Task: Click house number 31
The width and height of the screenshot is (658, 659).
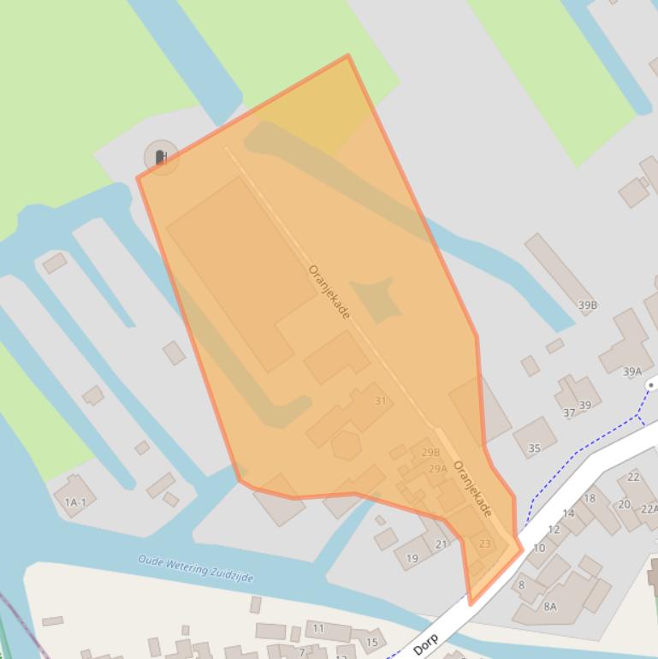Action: coord(380,401)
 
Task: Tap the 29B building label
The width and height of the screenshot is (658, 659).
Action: coord(430,453)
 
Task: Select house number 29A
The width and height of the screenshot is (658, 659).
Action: coord(437,469)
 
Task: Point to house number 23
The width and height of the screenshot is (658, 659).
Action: coord(485,543)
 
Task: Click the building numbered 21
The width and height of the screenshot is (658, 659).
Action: coord(442,544)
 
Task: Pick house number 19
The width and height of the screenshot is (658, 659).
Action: coord(412,559)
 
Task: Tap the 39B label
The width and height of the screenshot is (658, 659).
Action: coord(587,305)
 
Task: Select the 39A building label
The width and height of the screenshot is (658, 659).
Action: coord(631,371)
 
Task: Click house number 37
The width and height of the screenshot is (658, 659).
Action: coord(569,413)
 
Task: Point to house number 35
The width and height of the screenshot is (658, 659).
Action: coord(535,448)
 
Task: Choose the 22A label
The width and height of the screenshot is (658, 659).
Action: coord(649,508)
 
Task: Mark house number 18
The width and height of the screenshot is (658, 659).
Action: coord(590,498)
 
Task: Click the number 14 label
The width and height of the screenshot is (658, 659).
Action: coord(568,514)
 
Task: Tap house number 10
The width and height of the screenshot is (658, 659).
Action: coord(539,549)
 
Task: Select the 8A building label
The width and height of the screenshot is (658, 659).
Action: coord(549,607)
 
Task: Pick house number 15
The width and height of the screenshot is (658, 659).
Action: coord(372,642)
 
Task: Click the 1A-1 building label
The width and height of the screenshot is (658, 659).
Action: coord(75,502)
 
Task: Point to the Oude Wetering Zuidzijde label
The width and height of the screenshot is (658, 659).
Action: coord(196,567)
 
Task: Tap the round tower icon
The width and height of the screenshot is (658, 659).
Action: coord(161,157)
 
